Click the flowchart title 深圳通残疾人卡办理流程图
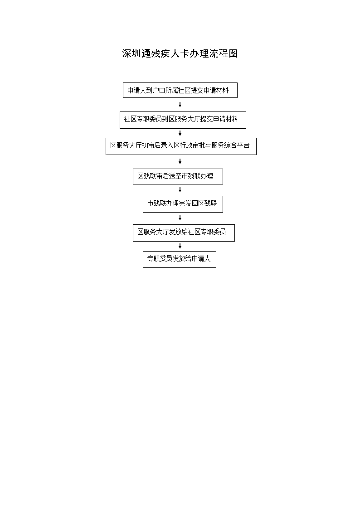click(180, 53)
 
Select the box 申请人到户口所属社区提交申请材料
click(180, 90)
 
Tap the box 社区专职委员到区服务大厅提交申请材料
click(183, 120)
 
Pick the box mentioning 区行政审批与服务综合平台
click(181, 146)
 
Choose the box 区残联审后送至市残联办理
click(178, 177)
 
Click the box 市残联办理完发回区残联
click(183, 204)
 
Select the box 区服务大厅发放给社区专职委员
click(184, 233)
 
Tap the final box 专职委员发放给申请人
click(180, 259)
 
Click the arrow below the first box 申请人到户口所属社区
click(180, 105)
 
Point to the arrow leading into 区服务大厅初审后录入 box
click(180, 133)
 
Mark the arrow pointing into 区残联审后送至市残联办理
click(180, 161)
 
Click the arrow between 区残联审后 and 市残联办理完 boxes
click(180, 190)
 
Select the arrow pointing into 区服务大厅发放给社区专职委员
click(180, 218)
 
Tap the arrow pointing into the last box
click(180, 246)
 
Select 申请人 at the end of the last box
click(201, 259)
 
